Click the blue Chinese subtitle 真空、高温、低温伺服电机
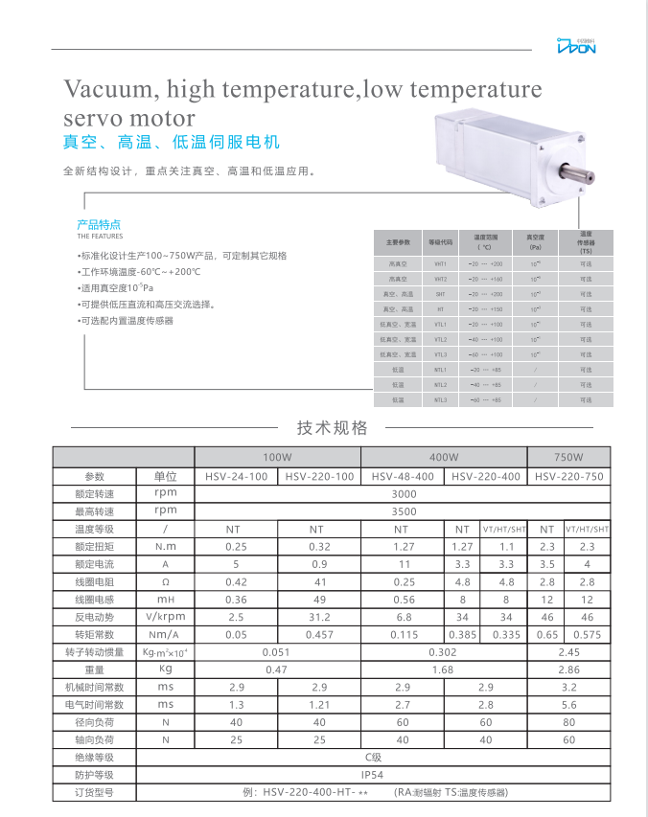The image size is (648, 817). pos(172,143)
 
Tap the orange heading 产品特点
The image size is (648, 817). pos(99,225)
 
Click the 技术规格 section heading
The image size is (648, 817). pos(332,428)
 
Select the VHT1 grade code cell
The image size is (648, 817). pos(440,263)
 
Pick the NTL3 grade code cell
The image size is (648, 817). pos(440,399)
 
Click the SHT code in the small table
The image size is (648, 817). pos(440,294)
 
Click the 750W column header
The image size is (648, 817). pos(568,458)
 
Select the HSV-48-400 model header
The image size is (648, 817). pos(403,476)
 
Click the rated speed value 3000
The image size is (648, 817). pos(404,494)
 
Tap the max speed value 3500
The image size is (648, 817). pos(404,511)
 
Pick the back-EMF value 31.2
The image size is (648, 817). pos(318,617)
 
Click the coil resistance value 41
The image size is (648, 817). pos(318,581)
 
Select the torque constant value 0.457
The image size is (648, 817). pos(318,634)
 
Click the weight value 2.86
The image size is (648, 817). pos(568,669)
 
